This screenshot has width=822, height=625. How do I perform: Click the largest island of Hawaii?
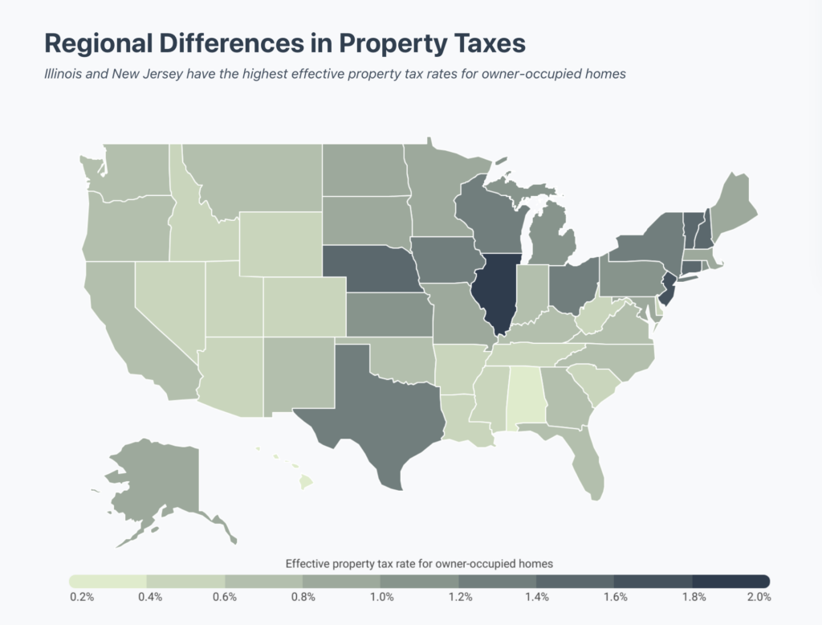[306, 483]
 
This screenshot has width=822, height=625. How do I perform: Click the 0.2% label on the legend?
[82, 597]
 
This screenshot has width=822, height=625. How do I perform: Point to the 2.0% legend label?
[759, 597]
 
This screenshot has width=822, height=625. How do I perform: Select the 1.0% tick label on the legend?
[381, 597]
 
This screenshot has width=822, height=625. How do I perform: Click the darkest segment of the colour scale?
[731, 580]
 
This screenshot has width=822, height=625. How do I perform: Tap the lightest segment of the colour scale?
[108, 580]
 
